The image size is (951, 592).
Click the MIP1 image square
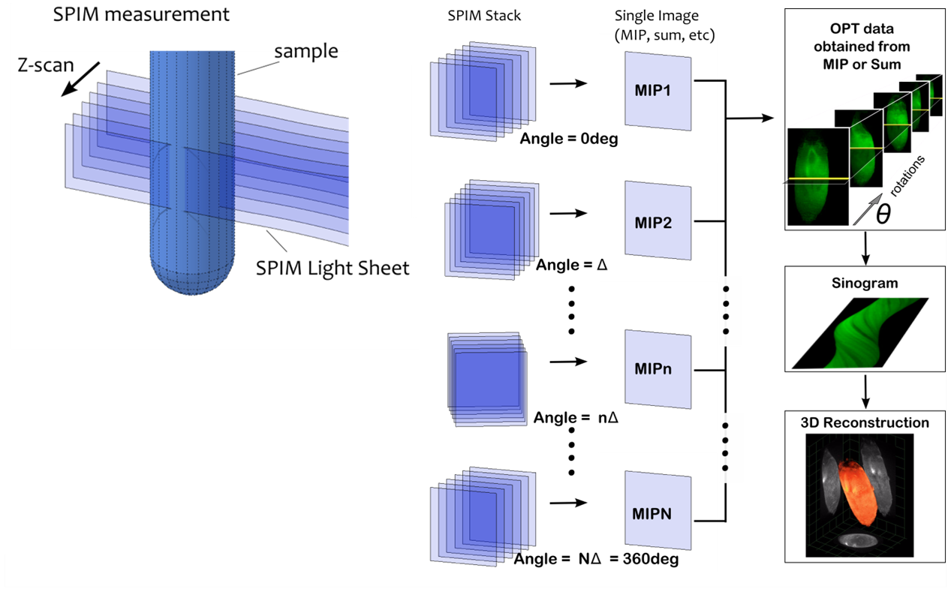(x=658, y=91)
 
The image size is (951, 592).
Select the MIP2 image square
(x=658, y=223)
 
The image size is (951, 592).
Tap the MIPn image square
(x=658, y=369)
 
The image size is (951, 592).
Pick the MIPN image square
(x=658, y=515)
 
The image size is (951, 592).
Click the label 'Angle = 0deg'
(x=567, y=140)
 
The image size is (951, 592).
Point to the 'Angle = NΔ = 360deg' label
(x=596, y=559)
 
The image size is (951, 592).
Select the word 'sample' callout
(x=305, y=52)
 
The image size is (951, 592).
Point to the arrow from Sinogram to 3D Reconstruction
(x=867, y=390)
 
